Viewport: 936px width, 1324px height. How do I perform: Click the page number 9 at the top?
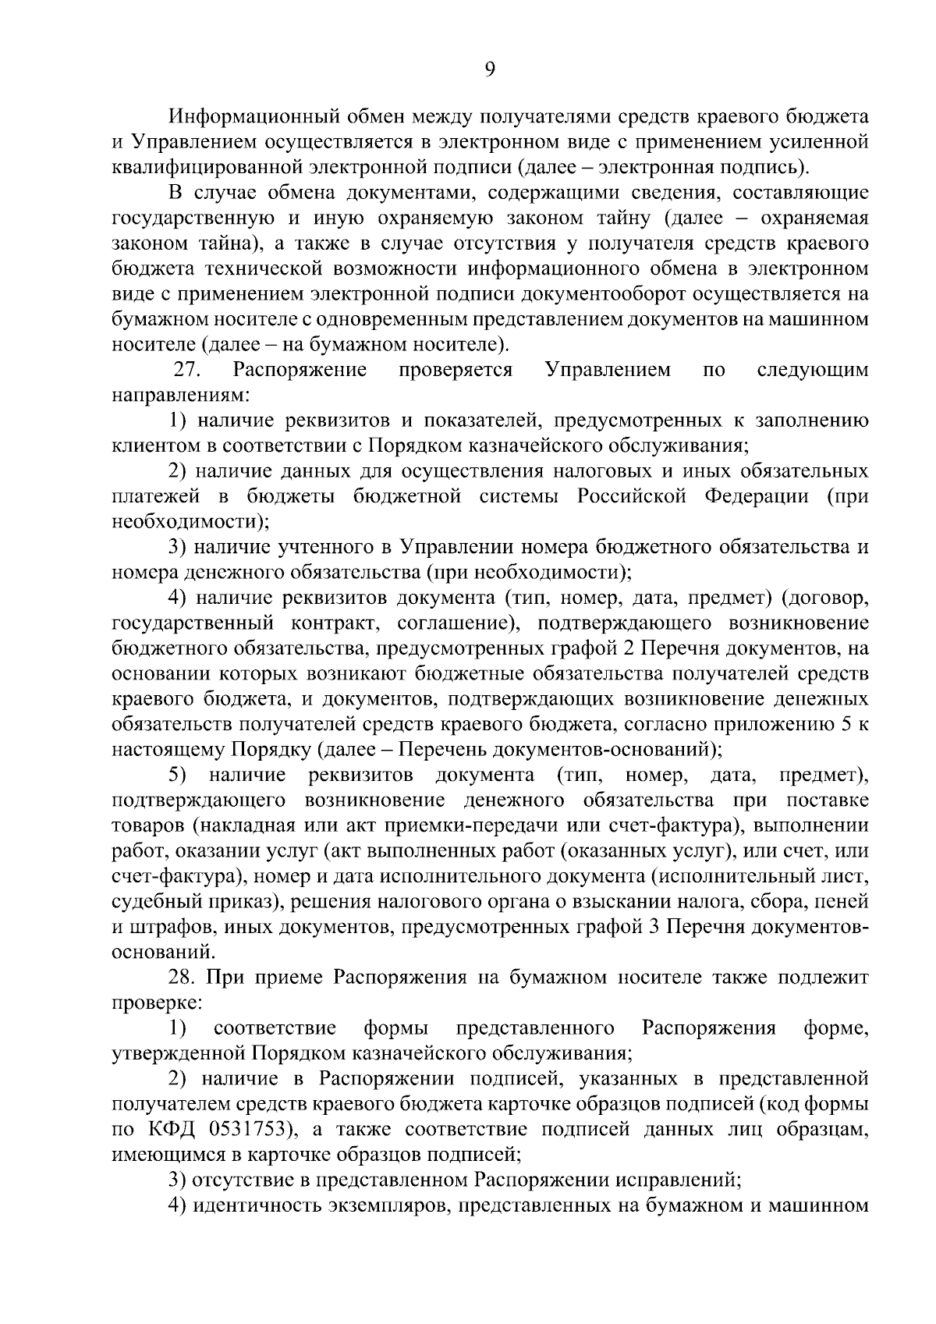[490, 70]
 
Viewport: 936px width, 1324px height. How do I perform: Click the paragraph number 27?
[188, 370]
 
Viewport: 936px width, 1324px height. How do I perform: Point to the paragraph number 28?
[184, 978]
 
